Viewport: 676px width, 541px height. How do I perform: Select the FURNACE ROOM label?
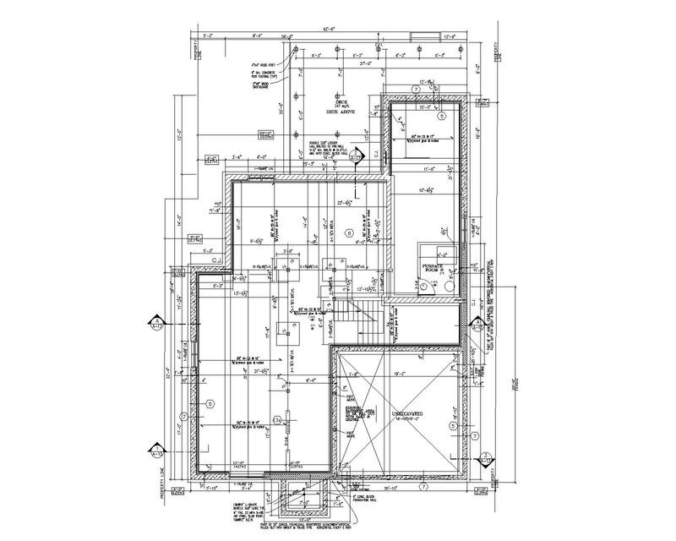(433, 269)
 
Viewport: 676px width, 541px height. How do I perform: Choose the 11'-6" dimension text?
(432, 170)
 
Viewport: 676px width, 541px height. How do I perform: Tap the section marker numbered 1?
(156, 449)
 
